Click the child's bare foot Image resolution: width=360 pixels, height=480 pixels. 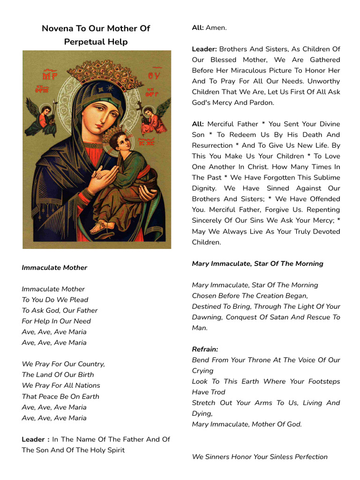[x=98, y=228]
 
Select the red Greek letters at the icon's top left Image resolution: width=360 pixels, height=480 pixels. [x=49, y=75]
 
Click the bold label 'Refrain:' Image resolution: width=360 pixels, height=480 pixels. [x=205, y=349]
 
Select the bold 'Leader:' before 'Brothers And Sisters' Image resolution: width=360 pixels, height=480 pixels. [x=204, y=49]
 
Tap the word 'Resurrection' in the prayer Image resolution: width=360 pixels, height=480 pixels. [x=212, y=145]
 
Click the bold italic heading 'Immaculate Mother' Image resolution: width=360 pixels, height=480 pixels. [x=54, y=268]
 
